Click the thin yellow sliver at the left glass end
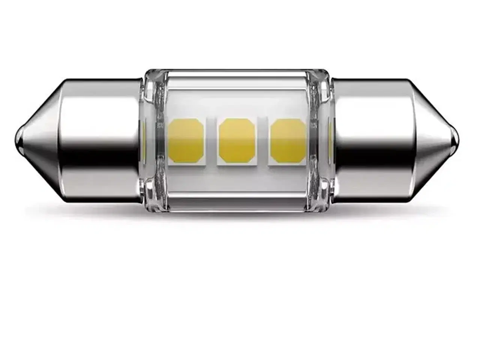(144, 135)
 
